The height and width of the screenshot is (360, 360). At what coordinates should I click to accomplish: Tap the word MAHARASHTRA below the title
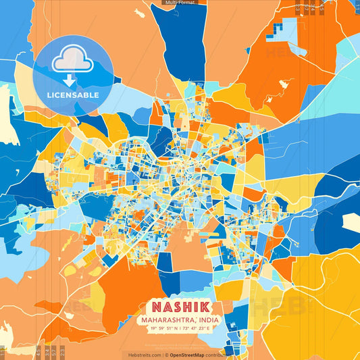168,319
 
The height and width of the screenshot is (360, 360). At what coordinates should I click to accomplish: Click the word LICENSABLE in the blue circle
72,95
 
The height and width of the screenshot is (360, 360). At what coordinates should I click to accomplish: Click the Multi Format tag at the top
180,3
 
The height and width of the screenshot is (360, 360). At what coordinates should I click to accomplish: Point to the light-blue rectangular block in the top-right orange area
291,30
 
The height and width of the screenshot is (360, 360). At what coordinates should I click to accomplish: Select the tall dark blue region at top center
181,41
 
